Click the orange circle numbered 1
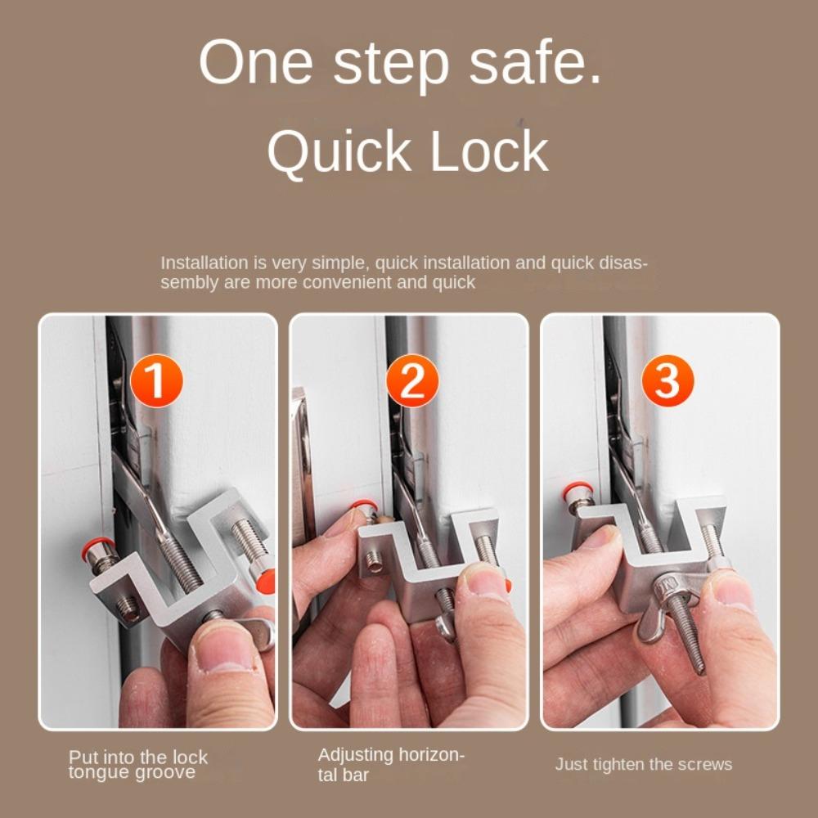point(156,380)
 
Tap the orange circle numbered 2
point(412,380)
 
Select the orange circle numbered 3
point(667,380)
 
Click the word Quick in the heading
point(339,152)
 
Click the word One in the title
point(255,63)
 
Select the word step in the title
point(391,66)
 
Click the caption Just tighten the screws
point(643,764)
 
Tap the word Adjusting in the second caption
point(355,755)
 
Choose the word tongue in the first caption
point(98,773)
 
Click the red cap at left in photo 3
point(577,489)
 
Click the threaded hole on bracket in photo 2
point(374,563)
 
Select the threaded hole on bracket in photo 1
point(128,609)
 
